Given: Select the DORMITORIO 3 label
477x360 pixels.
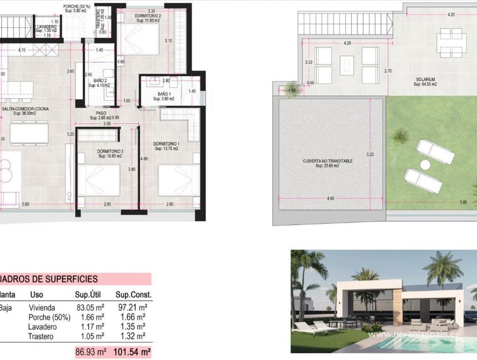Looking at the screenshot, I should (x=110, y=151).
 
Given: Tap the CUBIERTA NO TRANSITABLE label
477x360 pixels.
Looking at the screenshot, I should (x=328, y=161).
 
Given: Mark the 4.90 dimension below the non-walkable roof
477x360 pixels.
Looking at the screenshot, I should (x=331, y=198).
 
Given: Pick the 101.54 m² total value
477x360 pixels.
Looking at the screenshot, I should (x=132, y=352).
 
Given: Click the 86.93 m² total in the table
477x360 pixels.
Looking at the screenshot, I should (x=90, y=352).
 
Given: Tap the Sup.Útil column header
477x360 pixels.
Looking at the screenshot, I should (x=89, y=295).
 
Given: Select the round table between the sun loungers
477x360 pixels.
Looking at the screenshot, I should (x=425, y=165).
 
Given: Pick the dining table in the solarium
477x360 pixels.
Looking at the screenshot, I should (x=450, y=42).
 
